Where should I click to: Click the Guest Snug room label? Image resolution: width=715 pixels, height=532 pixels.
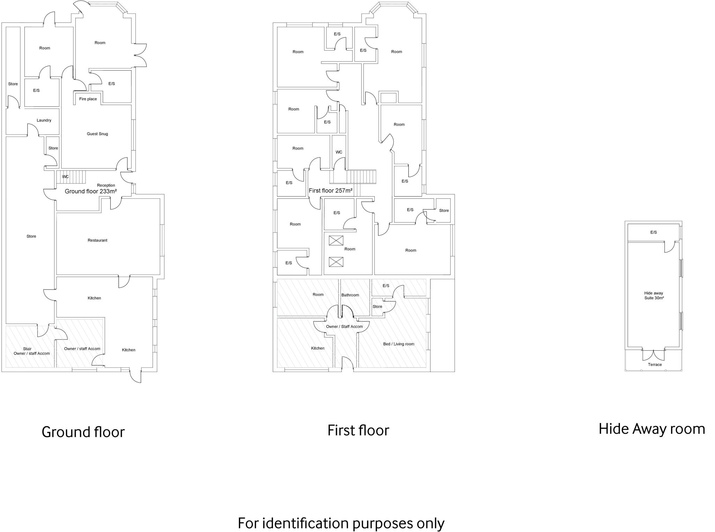pos(97,134)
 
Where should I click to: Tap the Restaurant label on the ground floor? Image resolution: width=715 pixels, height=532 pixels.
pos(97,240)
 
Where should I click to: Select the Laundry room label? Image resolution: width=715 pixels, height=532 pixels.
pos(44,120)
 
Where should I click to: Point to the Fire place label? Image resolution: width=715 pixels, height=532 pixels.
pos(88,99)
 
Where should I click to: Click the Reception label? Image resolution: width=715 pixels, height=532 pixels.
pos(106,185)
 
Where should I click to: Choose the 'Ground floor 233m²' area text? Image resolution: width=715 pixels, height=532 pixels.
pos(90,191)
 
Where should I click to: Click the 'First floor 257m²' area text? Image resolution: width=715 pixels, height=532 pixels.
pos(331,191)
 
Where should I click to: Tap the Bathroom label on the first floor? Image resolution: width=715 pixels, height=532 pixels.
pos(350,295)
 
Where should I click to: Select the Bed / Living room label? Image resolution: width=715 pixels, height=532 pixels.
pos(399,344)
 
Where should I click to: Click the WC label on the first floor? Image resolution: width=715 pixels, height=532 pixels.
pos(339,152)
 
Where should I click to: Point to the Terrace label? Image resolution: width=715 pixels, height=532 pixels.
pos(655,365)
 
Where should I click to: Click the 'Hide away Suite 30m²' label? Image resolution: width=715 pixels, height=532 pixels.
pos(654,296)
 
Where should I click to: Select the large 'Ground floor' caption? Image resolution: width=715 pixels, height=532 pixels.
pos(83,432)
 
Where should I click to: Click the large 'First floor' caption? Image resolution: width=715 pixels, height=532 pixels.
pos(358,430)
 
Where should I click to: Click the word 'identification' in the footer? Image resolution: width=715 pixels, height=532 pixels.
pos(305,523)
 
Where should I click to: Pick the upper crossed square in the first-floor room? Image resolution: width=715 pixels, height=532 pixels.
pos(336,240)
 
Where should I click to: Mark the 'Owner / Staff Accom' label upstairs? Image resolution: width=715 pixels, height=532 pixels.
pos(344,327)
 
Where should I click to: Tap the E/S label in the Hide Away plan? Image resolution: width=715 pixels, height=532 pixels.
pos(654,232)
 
